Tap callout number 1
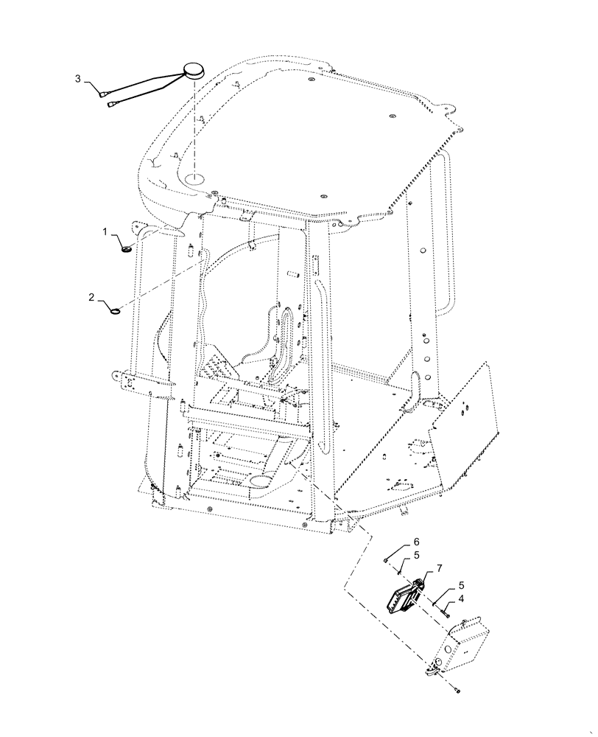(105, 233)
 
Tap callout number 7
(439, 567)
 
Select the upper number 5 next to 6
(395, 555)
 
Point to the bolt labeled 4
(445, 609)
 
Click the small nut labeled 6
(386, 560)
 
